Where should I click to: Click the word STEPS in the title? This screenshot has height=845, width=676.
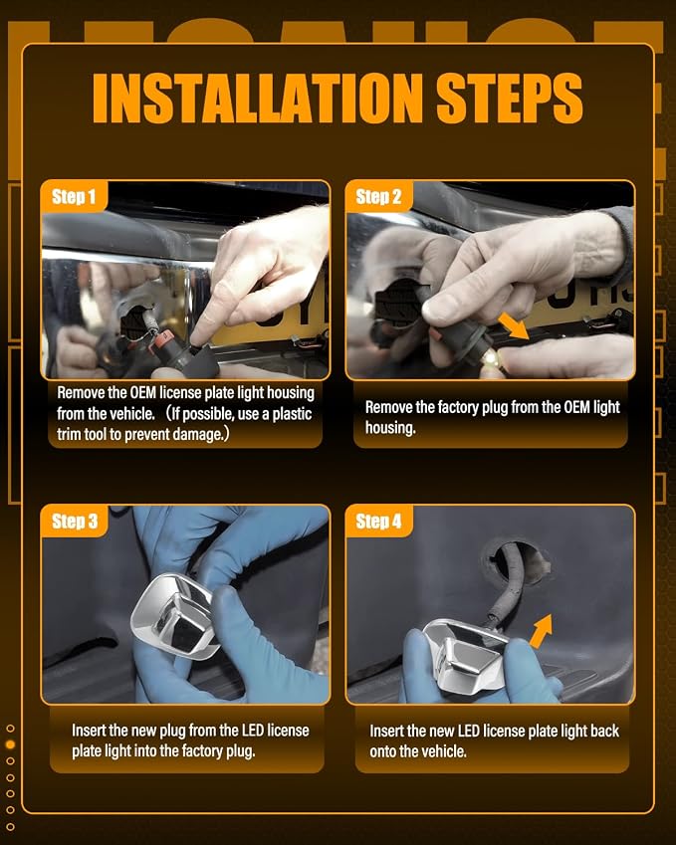(x=510, y=99)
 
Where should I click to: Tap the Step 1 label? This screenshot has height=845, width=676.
(x=74, y=196)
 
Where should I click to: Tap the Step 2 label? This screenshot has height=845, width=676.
(x=378, y=196)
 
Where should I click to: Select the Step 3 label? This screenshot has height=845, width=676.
(x=75, y=522)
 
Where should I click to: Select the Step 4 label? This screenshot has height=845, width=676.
(x=378, y=522)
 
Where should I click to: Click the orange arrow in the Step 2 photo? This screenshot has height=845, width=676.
(x=513, y=326)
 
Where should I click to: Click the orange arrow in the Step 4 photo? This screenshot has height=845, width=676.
(x=541, y=631)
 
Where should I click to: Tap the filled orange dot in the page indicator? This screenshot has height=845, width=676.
(x=10, y=744)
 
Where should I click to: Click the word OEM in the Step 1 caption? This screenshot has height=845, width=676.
(x=143, y=393)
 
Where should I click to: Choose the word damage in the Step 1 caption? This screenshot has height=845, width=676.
(x=199, y=434)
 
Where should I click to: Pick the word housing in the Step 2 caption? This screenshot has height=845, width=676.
(x=390, y=428)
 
